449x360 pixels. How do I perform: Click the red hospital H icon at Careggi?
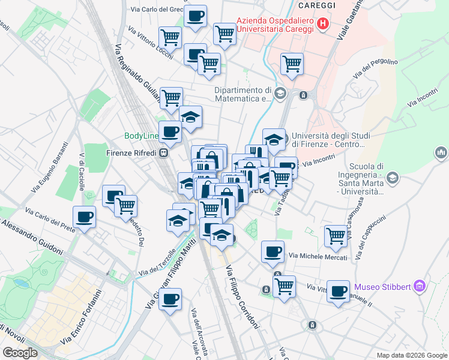tap(324, 23)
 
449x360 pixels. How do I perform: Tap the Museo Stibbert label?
tap(382, 286)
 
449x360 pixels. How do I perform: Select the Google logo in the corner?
tap(20, 353)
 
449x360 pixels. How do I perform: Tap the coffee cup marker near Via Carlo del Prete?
tap(84, 217)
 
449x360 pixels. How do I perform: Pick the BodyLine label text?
tap(141, 136)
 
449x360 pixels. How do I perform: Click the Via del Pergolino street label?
tap(376, 68)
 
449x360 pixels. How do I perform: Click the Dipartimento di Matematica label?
tap(244, 94)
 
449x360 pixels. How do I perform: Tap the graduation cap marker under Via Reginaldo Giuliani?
tap(190, 118)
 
